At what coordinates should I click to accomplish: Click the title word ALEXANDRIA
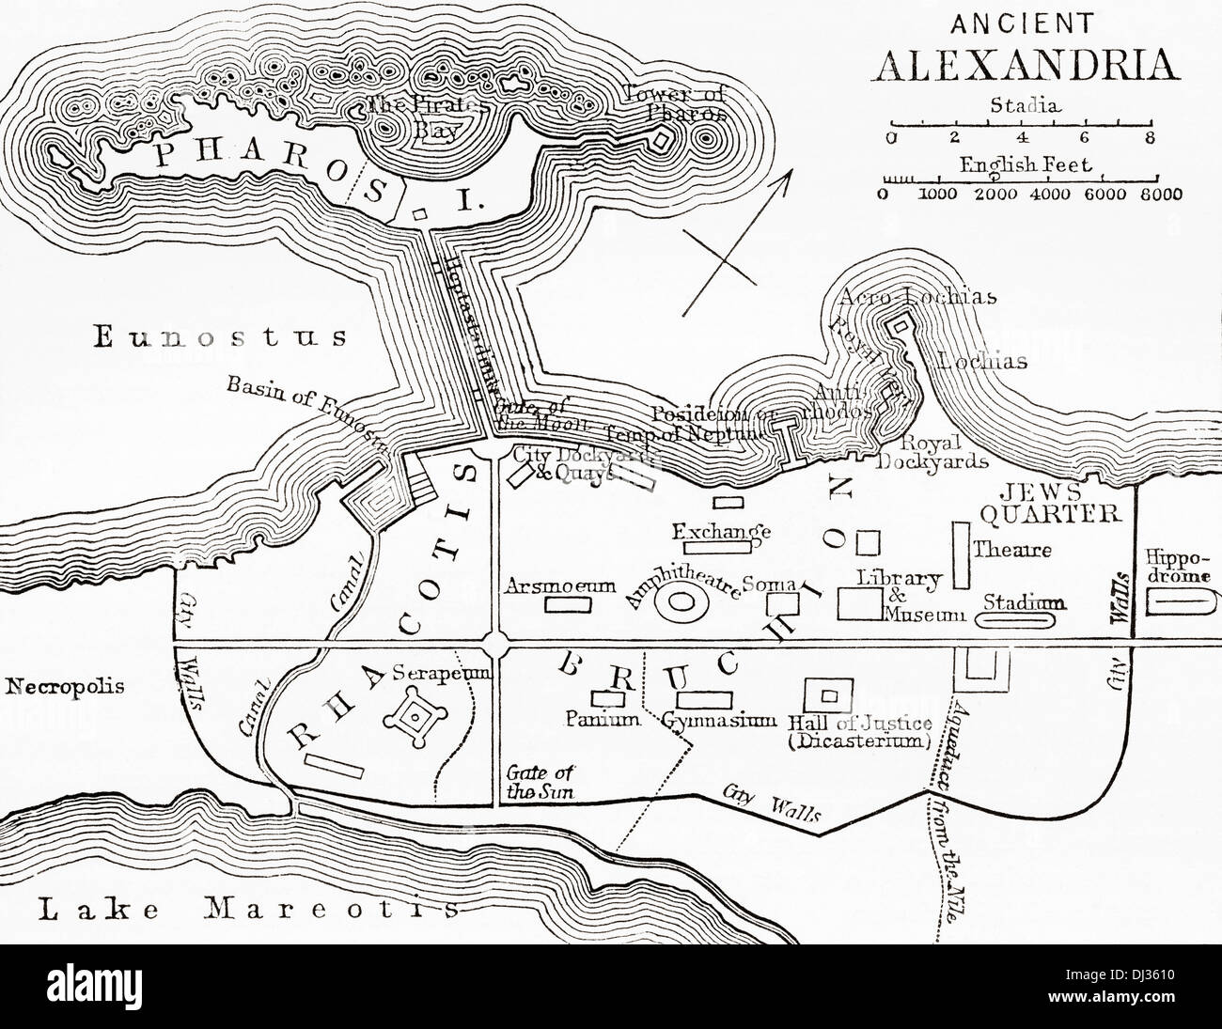(x=1025, y=64)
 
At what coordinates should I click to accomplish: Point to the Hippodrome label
(x=1183, y=564)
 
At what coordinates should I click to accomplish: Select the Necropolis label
(x=64, y=686)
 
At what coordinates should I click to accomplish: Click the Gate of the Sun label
(x=540, y=782)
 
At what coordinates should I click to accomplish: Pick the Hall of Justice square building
(x=828, y=696)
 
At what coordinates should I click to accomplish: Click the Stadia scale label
(x=1025, y=105)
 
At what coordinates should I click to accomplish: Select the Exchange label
(x=721, y=532)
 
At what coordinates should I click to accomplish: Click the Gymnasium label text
(x=718, y=721)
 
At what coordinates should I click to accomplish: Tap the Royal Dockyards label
(x=932, y=451)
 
